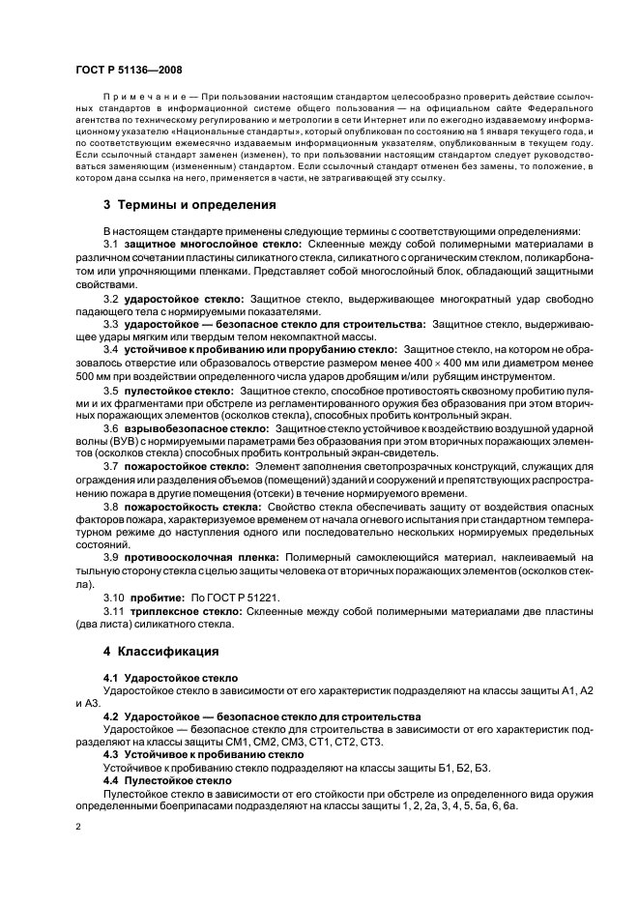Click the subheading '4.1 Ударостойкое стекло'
point(170,678)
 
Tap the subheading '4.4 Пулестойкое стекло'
point(167,778)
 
